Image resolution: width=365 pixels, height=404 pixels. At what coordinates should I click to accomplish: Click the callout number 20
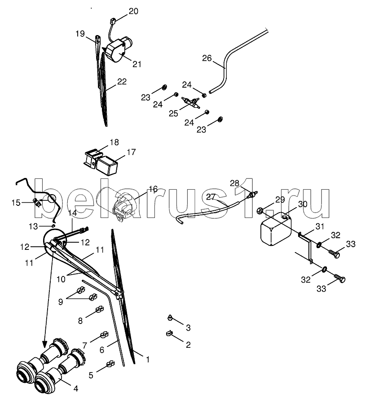[x=133, y=11]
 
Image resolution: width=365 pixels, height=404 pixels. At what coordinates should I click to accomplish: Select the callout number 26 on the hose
[x=207, y=58]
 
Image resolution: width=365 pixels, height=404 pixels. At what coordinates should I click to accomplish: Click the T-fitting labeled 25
[x=190, y=102]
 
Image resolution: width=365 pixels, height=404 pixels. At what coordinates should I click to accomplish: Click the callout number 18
[x=114, y=142]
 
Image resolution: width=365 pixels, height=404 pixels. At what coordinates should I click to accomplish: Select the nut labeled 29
[x=259, y=210]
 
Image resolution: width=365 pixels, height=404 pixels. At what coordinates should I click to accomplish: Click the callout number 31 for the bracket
[x=320, y=226]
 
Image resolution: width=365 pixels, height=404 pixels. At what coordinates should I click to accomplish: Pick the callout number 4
[x=76, y=388]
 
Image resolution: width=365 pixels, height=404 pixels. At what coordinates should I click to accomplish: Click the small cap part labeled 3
[x=170, y=317]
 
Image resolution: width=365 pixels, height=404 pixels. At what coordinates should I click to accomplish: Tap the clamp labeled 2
[x=169, y=334]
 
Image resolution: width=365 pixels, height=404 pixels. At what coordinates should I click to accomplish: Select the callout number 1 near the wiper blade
[x=148, y=359]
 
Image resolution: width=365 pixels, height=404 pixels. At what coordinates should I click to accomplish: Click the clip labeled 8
[x=99, y=309]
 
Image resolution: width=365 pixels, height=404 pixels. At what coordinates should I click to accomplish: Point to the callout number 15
[x=16, y=203]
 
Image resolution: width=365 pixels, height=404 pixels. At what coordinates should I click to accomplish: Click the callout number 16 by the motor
[x=153, y=189]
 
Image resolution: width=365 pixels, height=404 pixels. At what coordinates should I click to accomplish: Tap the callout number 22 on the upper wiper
[x=122, y=82]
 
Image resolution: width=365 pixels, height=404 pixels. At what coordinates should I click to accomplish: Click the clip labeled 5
[x=110, y=364]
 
